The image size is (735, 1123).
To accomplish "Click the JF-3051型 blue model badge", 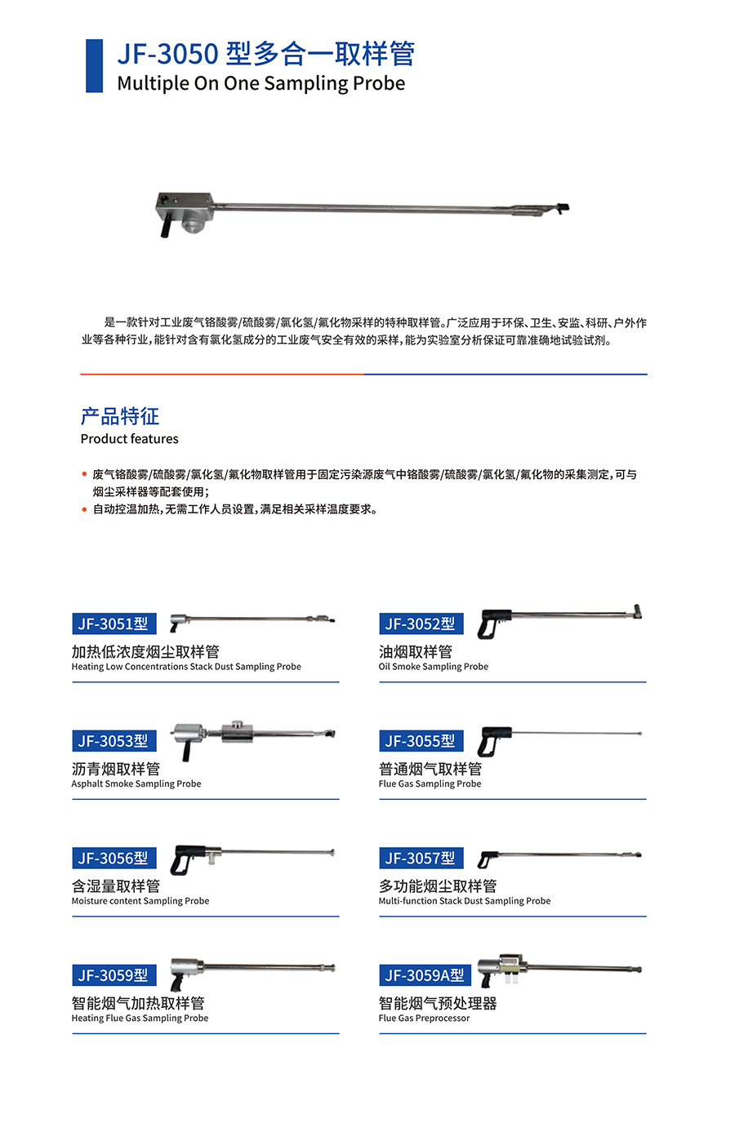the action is pos(114,624).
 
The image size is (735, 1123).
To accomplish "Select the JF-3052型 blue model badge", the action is pos(421,624).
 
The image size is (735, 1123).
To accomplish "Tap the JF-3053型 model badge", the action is pos(114,740).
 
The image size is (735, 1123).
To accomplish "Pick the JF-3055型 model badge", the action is pos(421,740).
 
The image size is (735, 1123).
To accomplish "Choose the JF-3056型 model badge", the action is pos(114,858).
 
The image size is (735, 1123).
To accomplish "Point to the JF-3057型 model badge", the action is pos(421,858).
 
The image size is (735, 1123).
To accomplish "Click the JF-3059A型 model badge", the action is pos(425,975).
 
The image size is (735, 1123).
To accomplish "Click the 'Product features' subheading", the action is pos(129,439).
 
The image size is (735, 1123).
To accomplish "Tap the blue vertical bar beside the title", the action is pos(94,65).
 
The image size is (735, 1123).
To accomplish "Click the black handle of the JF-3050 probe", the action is pos(165,226).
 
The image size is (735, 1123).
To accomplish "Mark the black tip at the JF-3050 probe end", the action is pos(563,206).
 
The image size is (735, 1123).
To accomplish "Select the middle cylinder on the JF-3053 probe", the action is pos(237,731).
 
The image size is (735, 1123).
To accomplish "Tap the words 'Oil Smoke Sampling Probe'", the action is pos(433,666).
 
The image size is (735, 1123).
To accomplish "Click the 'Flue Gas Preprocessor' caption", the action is pos(424,1018).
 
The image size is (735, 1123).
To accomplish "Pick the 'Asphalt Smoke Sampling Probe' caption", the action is pos(136,783).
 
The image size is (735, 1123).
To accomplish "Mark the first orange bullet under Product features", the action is pos(84,473).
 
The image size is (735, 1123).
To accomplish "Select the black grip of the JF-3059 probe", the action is pos(176,983).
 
